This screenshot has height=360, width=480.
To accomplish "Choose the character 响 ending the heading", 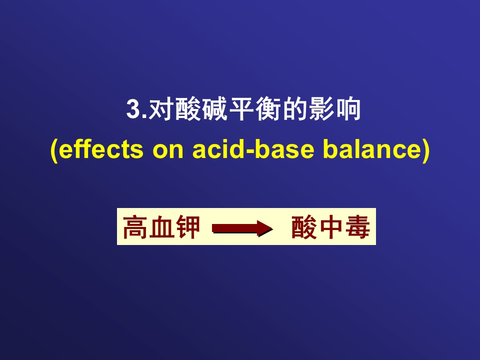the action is click(x=348, y=109).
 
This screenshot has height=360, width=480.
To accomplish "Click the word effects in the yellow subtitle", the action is click(x=100, y=149).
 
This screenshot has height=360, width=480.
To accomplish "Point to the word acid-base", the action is click(x=253, y=149).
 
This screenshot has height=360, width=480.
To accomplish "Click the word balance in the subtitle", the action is click(x=372, y=149).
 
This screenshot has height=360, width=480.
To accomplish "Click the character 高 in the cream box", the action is click(x=135, y=227).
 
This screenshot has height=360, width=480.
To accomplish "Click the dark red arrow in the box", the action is click(x=242, y=228).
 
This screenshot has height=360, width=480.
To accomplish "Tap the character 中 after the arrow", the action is click(x=331, y=227).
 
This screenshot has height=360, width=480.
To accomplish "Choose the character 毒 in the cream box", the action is click(x=357, y=227).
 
